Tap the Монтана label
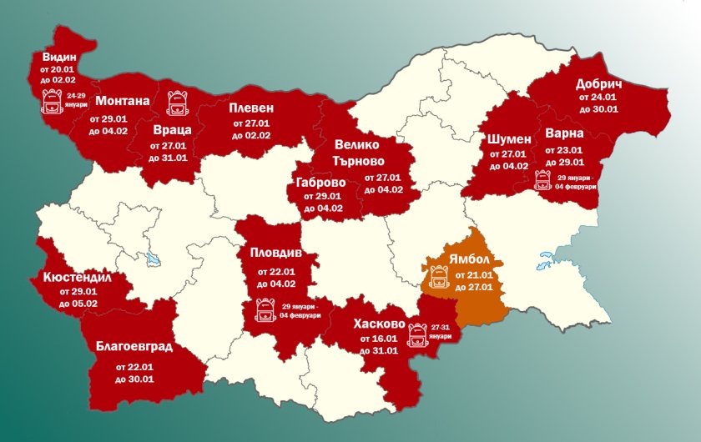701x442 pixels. pos(123,101)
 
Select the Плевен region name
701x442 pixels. pos(251,108)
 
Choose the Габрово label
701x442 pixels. pos(320,182)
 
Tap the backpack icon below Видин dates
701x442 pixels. pos(51,103)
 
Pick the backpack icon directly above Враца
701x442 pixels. pos(176,103)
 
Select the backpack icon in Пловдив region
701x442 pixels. pos(263,311)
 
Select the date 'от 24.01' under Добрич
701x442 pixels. pos(598,98)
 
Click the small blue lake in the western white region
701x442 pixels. pos(154,259)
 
